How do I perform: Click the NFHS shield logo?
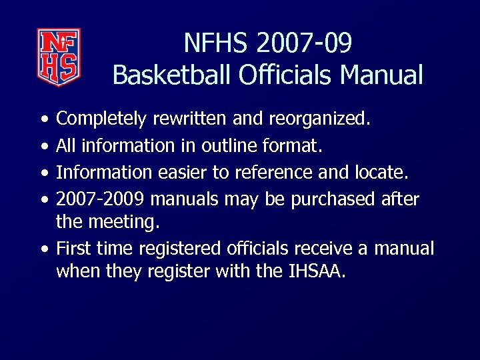(x=59, y=57)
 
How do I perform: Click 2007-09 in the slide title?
(x=311, y=43)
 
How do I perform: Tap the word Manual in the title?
(x=381, y=75)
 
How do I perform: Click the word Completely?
(x=101, y=119)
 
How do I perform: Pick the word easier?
(x=181, y=172)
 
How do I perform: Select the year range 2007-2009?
(x=103, y=199)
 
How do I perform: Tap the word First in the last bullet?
(x=73, y=249)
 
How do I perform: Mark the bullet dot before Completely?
(x=43, y=120)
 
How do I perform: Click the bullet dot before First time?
(x=43, y=250)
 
